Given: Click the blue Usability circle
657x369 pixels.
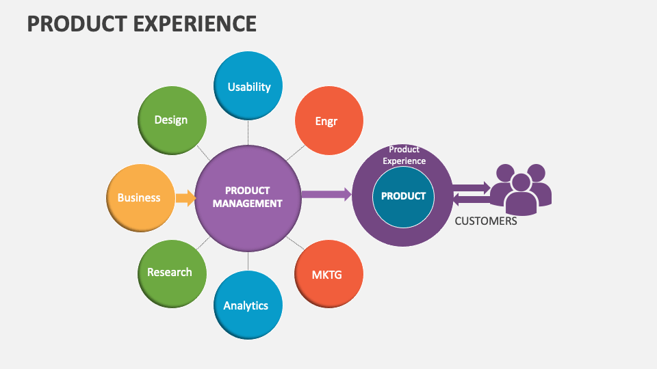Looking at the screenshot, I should pyautogui.click(x=248, y=87).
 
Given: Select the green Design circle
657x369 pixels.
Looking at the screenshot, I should pyautogui.click(x=171, y=120).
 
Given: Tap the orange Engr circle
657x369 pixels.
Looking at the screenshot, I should pyautogui.click(x=328, y=121).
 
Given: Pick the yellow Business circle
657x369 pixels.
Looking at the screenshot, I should pyautogui.click(x=140, y=198).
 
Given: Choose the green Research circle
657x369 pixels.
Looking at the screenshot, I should pyautogui.click(x=171, y=272).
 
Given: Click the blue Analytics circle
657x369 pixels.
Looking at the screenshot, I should pyautogui.click(x=247, y=305).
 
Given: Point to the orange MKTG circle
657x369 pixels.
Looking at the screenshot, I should pyautogui.click(x=328, y=275).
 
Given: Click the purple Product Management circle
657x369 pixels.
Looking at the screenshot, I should pyautogui.click(x=248, y=197).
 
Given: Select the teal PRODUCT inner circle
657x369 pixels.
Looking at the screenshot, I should pyautogui.click(x=403, y=196).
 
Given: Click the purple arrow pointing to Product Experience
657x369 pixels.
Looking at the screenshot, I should pyautogui.click(x=326, y=195).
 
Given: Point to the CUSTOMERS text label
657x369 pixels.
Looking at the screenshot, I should pyautogui.click(x=486, y=221).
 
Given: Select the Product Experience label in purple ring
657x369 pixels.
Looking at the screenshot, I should pyautogui.click(x=404, y=155).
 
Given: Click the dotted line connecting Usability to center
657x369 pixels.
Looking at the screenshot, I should pyautogui.click(x=248, y=131).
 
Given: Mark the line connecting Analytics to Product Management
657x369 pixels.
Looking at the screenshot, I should pyautogui.click(x=248, y=261).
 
